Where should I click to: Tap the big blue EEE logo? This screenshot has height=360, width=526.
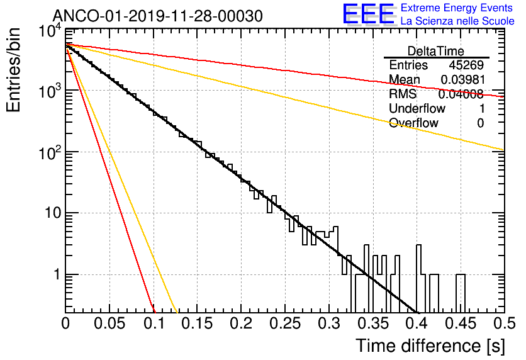[368, 15]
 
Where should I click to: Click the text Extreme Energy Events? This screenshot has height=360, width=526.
[457, 8]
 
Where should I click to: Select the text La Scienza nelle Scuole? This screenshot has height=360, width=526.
[457, 21]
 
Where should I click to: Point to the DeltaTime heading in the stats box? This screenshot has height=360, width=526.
[436, 51]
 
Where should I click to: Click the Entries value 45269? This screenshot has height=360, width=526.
[466, 65]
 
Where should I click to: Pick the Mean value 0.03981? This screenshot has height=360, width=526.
[462, 80]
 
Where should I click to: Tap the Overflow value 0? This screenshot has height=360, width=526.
[480, 123]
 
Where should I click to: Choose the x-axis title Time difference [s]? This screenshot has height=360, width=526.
[429, 346]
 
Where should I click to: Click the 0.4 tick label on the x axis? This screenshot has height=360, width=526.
[417, 323]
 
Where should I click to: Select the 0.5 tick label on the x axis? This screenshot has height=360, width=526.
[503, 323]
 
